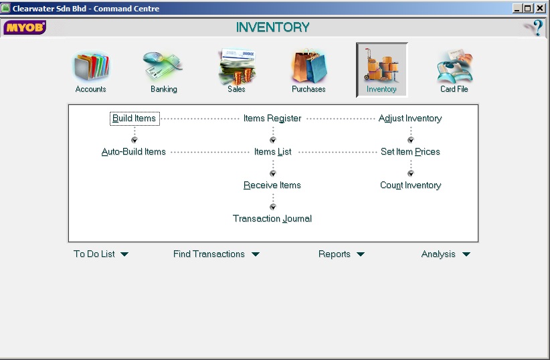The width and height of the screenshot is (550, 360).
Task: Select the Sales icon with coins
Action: pos(237,66)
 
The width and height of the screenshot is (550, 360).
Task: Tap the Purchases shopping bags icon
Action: pos(309,66)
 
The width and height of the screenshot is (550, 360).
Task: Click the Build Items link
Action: pos(134,118)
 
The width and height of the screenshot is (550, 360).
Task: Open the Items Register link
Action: pos(272,118)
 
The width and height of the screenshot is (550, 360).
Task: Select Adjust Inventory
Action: pos(410,118)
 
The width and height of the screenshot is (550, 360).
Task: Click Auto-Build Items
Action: pos(133,152)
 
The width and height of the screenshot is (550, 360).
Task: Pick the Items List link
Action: pos(272,152)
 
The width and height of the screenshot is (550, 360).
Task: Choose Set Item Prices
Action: pos(410,152)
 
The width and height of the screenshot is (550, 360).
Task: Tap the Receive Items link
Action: pos(272,185)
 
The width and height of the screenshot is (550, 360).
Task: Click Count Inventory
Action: pos(410,185)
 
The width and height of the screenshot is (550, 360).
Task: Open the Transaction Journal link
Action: pos(272,218)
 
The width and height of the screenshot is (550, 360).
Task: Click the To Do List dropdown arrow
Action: pos(124,254)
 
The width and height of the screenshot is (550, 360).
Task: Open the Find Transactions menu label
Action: pos(209,254)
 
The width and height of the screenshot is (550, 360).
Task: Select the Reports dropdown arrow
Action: pos(361,254)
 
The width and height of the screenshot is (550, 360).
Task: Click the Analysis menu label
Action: pos(438,254)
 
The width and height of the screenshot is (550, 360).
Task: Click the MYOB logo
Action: pos(25,27)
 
